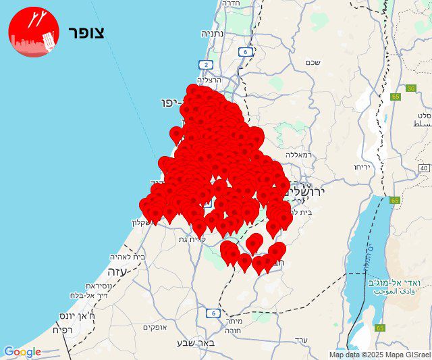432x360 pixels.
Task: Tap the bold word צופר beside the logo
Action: click(86, 32)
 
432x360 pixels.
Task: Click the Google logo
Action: click(22, 352)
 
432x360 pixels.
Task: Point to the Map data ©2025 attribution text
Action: click(357, 355)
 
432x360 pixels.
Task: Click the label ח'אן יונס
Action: click(83, 315)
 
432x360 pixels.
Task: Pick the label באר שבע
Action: click(194, 342)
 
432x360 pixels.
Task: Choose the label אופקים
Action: click(155, 327)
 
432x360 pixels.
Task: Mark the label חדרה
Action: click(228, 3)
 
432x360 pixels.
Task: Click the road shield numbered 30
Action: click(411, 88)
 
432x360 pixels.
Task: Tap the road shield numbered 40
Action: click(423, 168)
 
